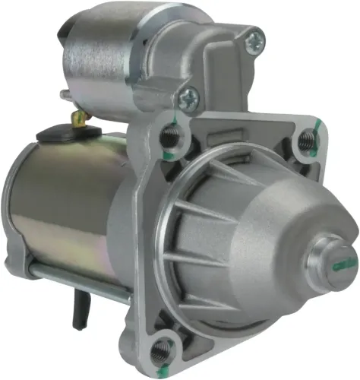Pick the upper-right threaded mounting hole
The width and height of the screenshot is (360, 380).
tap(305, 140)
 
